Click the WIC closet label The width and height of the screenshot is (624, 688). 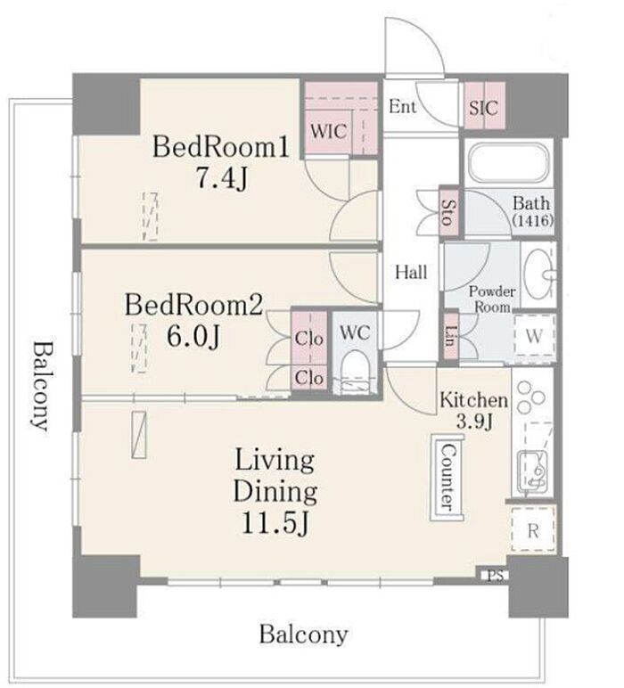coord(329,131)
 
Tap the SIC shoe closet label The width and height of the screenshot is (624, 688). coord(483,108)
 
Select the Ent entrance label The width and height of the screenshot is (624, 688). coord(402,106)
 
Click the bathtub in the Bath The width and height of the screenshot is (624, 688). coord(508,162)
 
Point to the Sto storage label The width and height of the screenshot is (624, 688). coord(449,213)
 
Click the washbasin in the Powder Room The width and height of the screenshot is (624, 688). coord(539,274)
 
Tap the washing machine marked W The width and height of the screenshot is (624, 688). coord(535,336)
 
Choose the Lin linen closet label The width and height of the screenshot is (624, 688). coord(450,337)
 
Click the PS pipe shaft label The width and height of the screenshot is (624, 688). coord(496,576)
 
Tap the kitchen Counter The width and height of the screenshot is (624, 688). coord(447,478)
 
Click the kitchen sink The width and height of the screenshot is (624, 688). coord(532,470)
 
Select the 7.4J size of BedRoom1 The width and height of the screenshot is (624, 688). coord(222,178)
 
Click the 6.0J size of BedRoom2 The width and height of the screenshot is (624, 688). coord(193,337)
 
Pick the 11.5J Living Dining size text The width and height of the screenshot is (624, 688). coord(276,522)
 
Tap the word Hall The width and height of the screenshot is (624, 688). coord(411,272)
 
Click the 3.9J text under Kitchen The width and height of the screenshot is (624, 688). coord(475,421)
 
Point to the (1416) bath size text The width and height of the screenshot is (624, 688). coord(532,219)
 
